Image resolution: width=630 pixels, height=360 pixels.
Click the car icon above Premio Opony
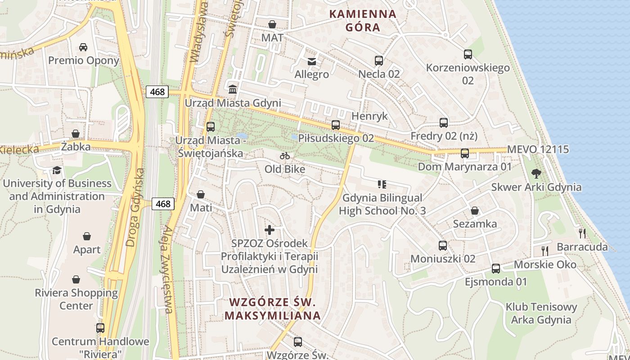pyautogui.click(x=83, y=47)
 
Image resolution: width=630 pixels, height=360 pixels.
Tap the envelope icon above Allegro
pyautogui.click(x=311, y=61)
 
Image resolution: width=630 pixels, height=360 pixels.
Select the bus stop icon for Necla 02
pyautogui.click(x=378, y=60)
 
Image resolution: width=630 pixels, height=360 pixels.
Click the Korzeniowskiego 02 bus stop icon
pyautogui.click(x=468, y=54)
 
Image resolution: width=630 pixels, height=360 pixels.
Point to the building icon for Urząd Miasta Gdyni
pyautogui.click(x=233, y=89)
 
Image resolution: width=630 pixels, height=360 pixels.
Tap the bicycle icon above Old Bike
pyautogui.click(x=284, y=156)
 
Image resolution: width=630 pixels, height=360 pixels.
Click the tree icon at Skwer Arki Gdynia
pyautogui.click(x=536, y=173)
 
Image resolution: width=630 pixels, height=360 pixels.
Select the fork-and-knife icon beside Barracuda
pyautogui.click(x=582, y=233)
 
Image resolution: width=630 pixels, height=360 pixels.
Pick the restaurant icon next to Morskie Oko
pyautogui.click(x=544, y=251)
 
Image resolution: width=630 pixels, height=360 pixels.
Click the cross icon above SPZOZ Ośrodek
pyautogui.click(x=269, y=230)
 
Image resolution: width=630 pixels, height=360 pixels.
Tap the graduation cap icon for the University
pyautogui.click(x=57, y=170)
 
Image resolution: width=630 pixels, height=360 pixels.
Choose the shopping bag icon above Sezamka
pyautogui.click(x=474, y=211)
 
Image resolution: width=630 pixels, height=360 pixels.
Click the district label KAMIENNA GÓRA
pyautogui.click(x=363, y=20)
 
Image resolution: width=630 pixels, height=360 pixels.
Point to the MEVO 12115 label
pyautogui.click(x=538, y=149)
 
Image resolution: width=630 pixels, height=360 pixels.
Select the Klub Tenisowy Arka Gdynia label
pyautogui.click(x=541, y=314)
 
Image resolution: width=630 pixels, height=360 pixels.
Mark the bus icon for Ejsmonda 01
pyautogui.click(x=495, y=269)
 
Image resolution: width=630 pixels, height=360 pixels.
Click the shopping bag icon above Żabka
pyautogui.click(x=75, y=134)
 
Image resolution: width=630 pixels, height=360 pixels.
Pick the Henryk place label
pyautogui.click(x=369, y=116)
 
